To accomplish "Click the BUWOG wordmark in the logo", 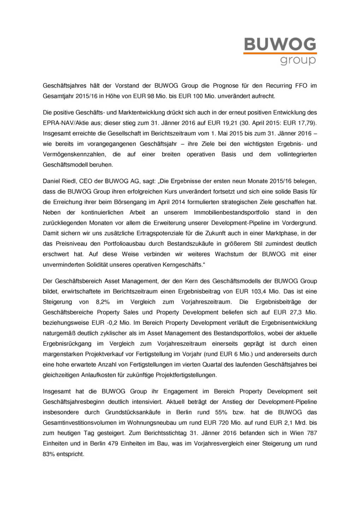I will (x=280, y=44).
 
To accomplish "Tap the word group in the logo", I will (x=298, y=60).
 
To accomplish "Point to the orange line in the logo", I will (x=280, y=53).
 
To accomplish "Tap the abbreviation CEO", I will (x=86, y=181).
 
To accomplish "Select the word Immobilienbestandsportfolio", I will (x=231, y=212).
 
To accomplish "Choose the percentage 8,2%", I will (x=103, y=302).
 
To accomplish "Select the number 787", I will (x=312, y=433).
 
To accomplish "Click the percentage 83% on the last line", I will (x=49, y=454).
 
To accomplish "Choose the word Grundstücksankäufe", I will (x=133, y=412).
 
